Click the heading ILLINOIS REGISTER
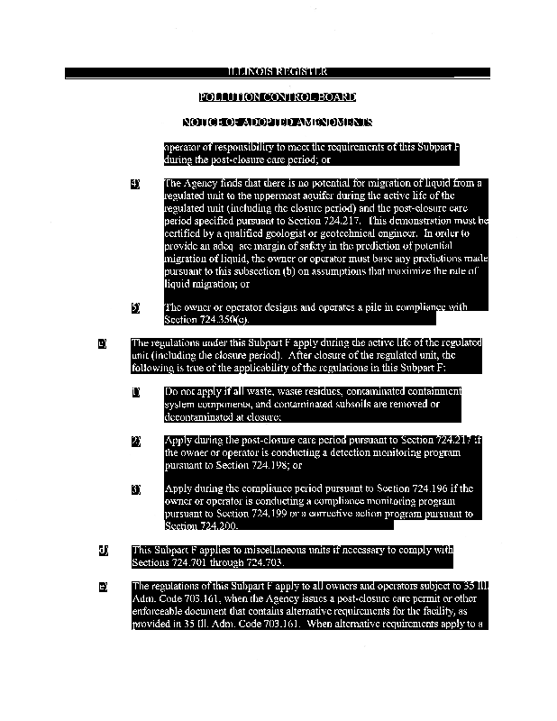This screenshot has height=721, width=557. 278,72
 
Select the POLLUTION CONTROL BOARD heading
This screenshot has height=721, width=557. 278,97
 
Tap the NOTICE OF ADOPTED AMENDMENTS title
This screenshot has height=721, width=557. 278,123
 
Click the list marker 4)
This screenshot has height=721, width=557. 135,183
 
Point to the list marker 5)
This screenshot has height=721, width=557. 135,307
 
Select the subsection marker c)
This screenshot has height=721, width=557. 102,343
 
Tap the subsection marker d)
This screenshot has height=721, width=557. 102,550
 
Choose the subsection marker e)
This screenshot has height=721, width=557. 102,587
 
